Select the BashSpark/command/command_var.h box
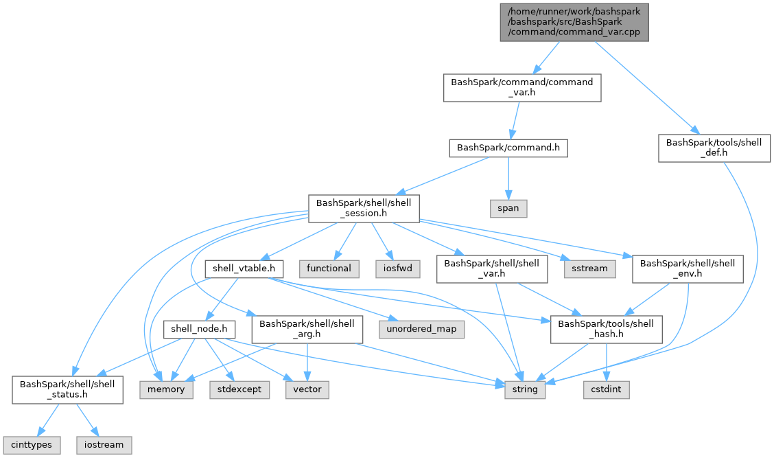(x=521, y=88)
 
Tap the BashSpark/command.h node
(x=508, y=148)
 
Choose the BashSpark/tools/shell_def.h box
(x=714, y=148)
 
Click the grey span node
(x=508, y=207)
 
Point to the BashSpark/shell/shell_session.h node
(x=364, y=207)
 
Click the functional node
(x=329, y=268)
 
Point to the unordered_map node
(x=421, y=329)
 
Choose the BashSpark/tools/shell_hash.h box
(x=606, y=329)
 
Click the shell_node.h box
(x=199, y=329)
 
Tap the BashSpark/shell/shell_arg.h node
(x=306, y=329)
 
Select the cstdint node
(x=606, y=389)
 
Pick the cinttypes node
(x=31, y=444)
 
